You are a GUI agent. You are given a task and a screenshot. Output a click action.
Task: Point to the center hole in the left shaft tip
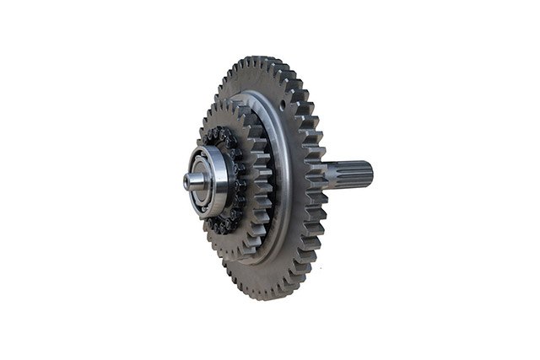(186, 180)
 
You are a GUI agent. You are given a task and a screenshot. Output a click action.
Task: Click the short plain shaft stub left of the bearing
(193, 180)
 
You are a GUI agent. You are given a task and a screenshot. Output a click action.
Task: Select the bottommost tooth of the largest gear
(268, 296)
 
